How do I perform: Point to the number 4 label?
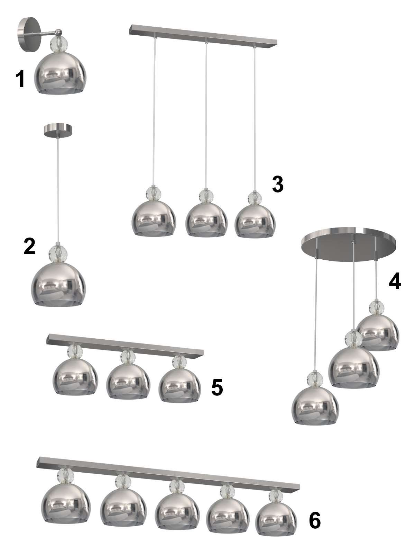coord(395,280)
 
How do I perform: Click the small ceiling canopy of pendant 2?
coord(58,130)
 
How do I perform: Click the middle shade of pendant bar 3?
coord(206,219)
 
